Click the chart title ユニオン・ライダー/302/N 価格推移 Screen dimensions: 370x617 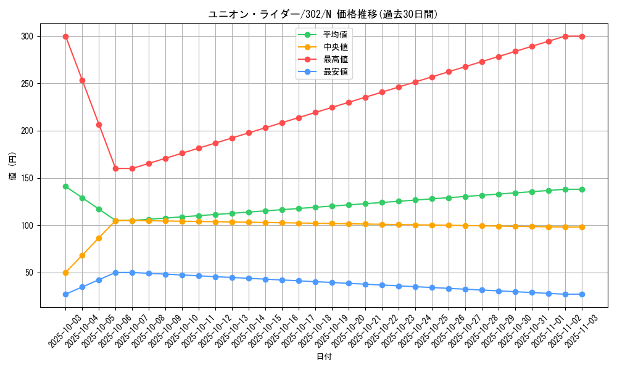click(323, 14)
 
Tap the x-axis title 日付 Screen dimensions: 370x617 click(324, 357)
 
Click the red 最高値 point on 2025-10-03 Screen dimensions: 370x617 click(65, 36)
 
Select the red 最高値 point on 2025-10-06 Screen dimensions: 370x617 click(115, 168)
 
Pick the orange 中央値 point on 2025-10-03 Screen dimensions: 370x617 click(65, 273)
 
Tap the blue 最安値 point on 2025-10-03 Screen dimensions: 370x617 click(65, 294)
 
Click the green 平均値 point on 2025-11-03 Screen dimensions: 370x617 click(582, 189)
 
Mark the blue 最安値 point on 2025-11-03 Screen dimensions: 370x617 click(582, 294)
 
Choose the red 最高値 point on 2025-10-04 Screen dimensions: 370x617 click(82, 80)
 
